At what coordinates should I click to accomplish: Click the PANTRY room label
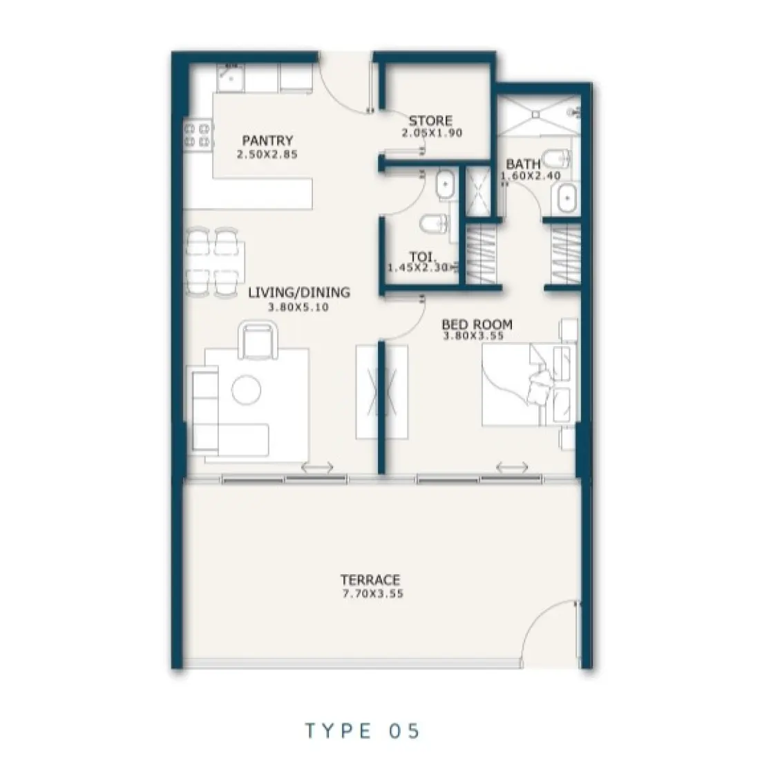point(267,141)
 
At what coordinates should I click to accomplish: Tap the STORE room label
point(430,121)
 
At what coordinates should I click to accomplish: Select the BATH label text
point(523,164)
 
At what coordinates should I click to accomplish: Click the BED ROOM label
point(477,323)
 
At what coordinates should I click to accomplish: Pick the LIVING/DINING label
point(298,292)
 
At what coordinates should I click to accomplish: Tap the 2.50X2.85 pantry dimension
point(267,155)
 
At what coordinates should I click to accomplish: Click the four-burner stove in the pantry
point(198,135)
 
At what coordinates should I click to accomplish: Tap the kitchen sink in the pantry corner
point(229,78)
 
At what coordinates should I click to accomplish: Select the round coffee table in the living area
point(246,389)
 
